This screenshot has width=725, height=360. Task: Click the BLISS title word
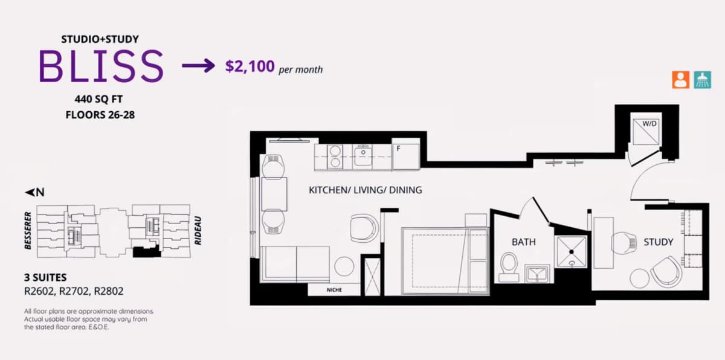click(101, 66)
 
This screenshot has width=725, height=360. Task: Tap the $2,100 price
click(250, 66)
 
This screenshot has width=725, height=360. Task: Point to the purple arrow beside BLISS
click(198, 66)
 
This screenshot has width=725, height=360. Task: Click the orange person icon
click(681, 80)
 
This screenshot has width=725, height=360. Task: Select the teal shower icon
click(702, 80)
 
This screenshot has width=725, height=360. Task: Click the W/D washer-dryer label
click(649, 124)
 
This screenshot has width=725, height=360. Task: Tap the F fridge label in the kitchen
click(398, 148)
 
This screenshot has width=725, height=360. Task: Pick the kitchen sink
click(363, 156)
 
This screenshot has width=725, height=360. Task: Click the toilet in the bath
click(509, 267)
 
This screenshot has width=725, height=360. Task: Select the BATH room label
click(523, 242)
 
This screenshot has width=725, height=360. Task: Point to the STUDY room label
click(658, 242)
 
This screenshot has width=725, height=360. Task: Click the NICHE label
click(334, 290)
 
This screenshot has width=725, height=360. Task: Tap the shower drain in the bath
click(572, 252)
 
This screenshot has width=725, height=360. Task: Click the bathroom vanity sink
click(536, 274)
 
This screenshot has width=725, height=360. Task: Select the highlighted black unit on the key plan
click(147, 251)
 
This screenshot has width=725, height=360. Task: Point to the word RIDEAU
click(198, 230)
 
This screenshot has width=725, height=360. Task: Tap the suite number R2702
click(74, 291)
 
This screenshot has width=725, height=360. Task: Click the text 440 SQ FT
click(98, 99)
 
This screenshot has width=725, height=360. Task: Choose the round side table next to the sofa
click(344, 266)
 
